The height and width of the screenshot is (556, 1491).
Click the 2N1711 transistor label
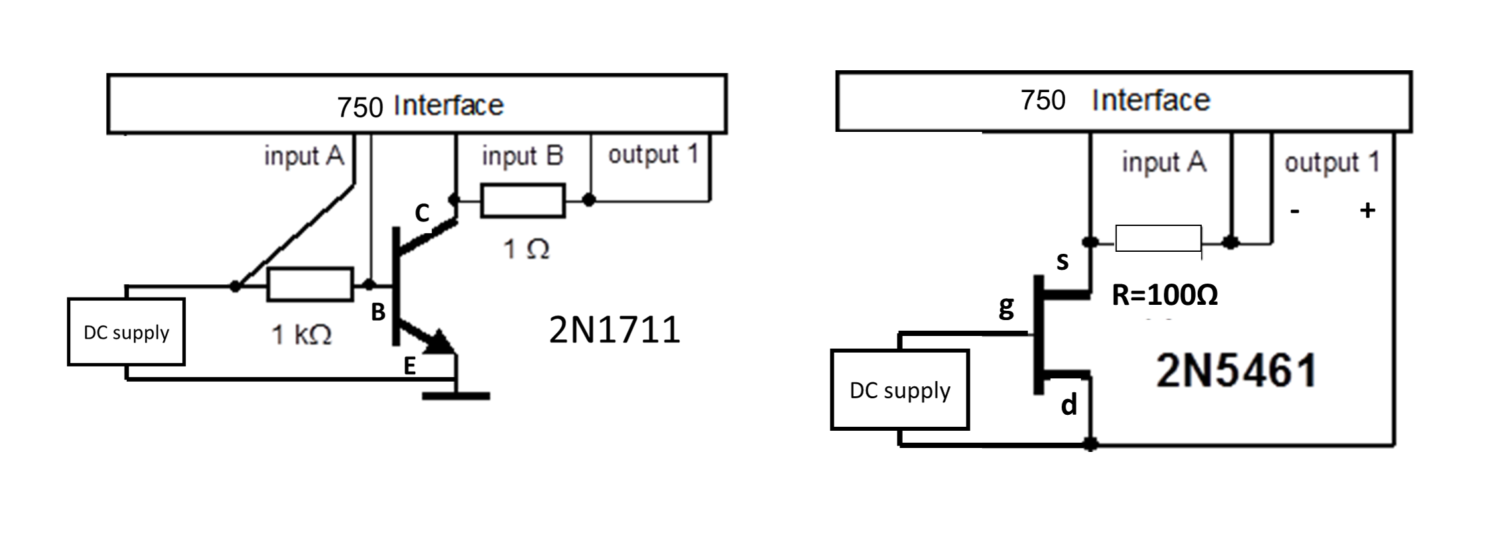click(x=614, y=329)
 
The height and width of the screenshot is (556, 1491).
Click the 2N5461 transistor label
click(x=1236, y=370)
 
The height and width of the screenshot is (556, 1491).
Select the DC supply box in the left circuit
click(x=126, y=331)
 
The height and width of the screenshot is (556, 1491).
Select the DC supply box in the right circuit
click(x=899, y=390)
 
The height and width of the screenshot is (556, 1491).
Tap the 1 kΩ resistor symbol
click(x=310, y=285)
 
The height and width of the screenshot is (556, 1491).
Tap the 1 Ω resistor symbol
click(x=523, y=201)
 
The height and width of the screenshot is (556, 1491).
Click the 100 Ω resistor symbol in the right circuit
click(x=1158, y=239)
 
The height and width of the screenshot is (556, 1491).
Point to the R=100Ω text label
click(x=1165, y=295)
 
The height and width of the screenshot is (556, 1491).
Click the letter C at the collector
click(x=422, y=213)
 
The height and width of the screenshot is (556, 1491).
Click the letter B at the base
click(x=378, y=312)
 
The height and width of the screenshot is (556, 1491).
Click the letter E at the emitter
click(x=410, y=366)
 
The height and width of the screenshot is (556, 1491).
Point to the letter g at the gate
click(x=1006, y=307)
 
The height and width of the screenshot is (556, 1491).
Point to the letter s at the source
click(x=1063, y=261)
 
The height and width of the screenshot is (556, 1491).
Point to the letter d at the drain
click(x=1069, y=404)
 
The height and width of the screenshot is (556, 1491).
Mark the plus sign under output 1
click(x=1367, y=211)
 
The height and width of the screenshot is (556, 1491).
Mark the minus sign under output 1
click(x=1295, y=211)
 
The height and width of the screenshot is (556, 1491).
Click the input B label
click(x=523, y=156)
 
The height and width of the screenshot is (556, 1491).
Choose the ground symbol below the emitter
click(x=456, y=396)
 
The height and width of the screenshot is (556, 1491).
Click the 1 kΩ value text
click(x=302, y=335)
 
